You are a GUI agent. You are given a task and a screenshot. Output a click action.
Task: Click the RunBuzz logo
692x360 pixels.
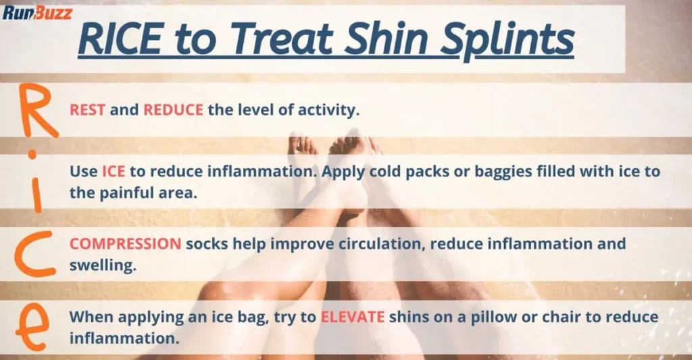[37, 11]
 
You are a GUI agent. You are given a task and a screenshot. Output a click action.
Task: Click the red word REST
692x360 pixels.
[87, 110]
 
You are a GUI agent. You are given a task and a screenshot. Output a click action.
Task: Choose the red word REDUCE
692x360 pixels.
[173, 110]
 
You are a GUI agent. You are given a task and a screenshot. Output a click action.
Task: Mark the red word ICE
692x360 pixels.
[114, 172]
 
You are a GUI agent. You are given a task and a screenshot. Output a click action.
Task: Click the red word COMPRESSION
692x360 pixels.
[125, 243]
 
